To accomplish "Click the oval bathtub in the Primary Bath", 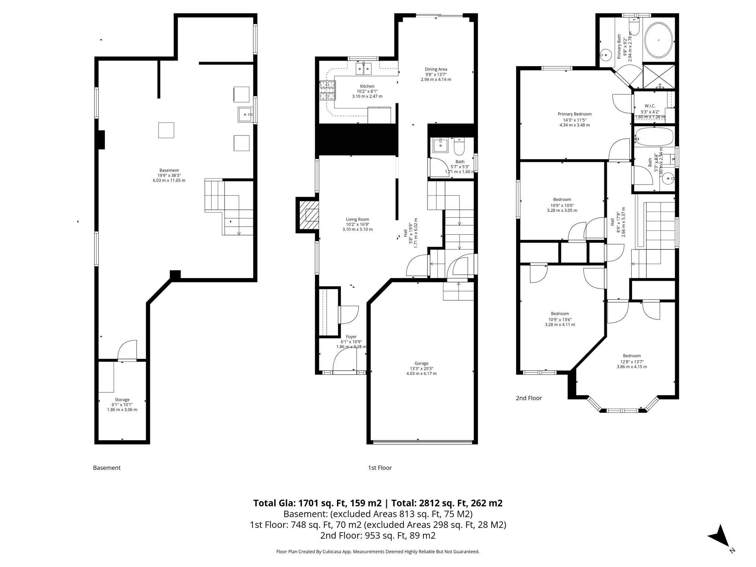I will (x=659, y=40).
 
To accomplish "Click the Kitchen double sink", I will (x=364, y=69).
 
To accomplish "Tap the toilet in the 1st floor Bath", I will (x=459, y=147).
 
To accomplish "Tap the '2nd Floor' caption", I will (x=529, y=398).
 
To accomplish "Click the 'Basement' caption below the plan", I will (x=107, y=468).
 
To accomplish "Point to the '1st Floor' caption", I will (x=379, y=468).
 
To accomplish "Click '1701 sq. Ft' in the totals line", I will (x=321, y=503).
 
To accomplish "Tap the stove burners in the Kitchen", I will (x=327, y=90).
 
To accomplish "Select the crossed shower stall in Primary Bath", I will (x=659, y=76).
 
